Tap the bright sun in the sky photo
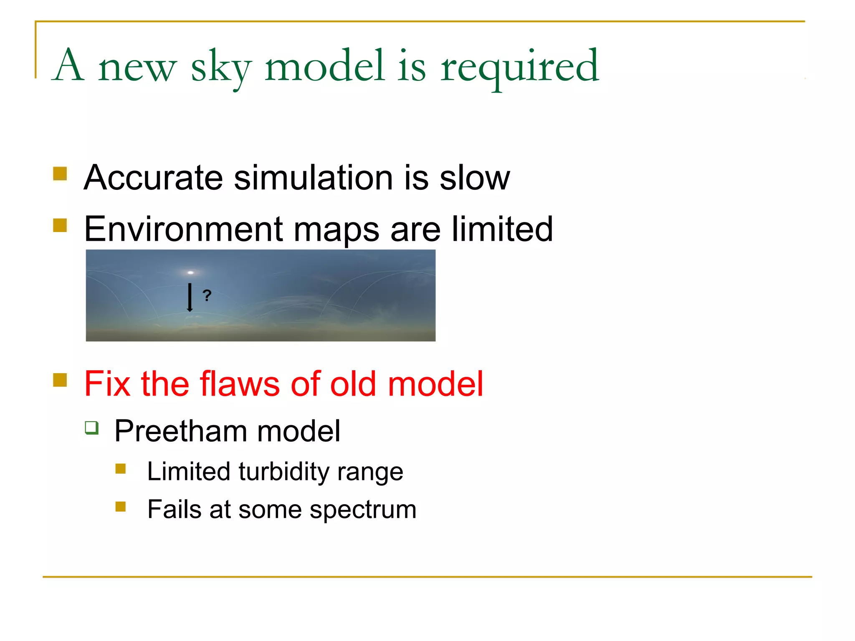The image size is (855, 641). pyautogui.click(x=191, y=273)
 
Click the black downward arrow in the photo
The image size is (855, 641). pyautogui.click(x=190, y=297)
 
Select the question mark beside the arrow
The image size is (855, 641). pyautogui.click(x=207, y=295)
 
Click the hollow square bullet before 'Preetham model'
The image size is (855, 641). pyautogui.click(x=92, y=428)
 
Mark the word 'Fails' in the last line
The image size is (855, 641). pyautogui.click(x=175, y=510)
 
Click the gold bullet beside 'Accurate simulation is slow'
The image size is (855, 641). pyautogui.click(x=60, y=174)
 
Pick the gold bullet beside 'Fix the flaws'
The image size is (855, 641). pyautogui.click(x=60, y=380)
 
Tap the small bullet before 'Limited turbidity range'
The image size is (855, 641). pyautogui.click(x=121, y=469)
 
